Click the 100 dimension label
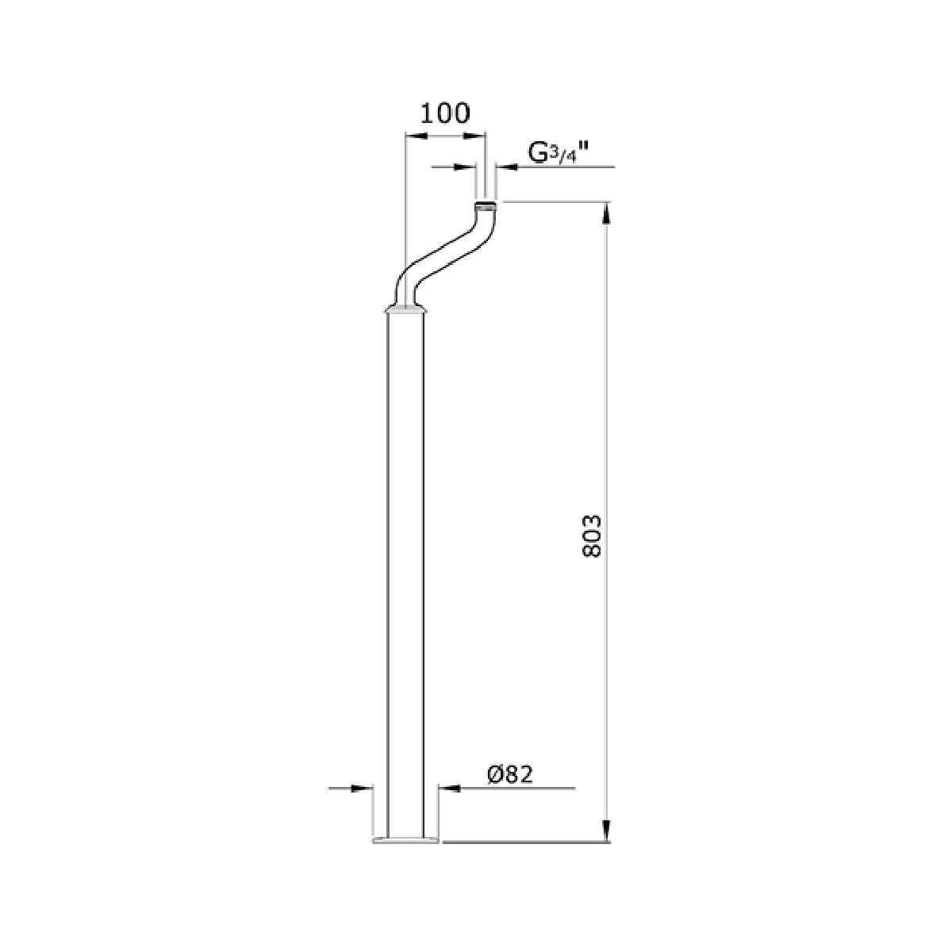(x=444, y=114)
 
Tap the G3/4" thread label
(x=559, y=152)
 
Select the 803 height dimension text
(x=591, y=536)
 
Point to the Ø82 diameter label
(x=510, y=774)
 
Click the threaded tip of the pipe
(x=486, y=205)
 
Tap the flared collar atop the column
(x=405, y=309)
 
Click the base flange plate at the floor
(x=405, y=840)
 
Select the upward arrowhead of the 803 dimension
(x=607, y=213)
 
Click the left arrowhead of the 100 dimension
(x=416, y=136)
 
